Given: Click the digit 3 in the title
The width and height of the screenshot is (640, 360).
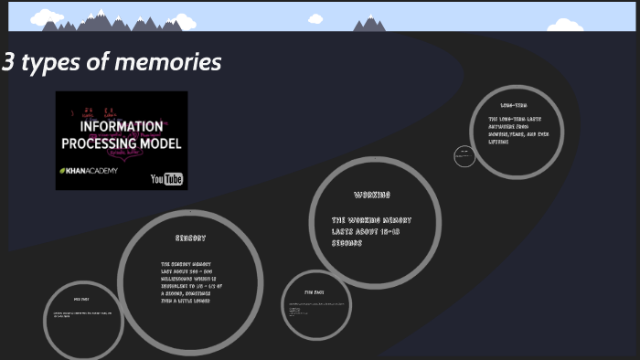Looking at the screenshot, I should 8,63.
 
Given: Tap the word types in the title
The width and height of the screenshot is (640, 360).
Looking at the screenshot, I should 49,64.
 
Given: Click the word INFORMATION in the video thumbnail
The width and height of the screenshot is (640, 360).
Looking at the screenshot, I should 121,127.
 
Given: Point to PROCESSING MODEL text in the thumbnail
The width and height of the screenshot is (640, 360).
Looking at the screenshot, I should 121,143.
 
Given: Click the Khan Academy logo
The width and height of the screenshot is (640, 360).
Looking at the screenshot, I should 89,171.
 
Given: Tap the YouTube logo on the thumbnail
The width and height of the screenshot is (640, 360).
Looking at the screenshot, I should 166,179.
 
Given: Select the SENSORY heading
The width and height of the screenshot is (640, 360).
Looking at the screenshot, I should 190,238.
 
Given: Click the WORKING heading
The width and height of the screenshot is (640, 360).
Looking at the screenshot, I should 372,195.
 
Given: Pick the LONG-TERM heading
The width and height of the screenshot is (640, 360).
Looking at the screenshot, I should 513,106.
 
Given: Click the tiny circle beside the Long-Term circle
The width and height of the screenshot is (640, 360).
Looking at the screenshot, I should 464,156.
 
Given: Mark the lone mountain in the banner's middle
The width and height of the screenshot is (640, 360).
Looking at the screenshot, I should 369,25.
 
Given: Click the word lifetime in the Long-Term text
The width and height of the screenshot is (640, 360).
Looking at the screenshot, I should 500,143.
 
